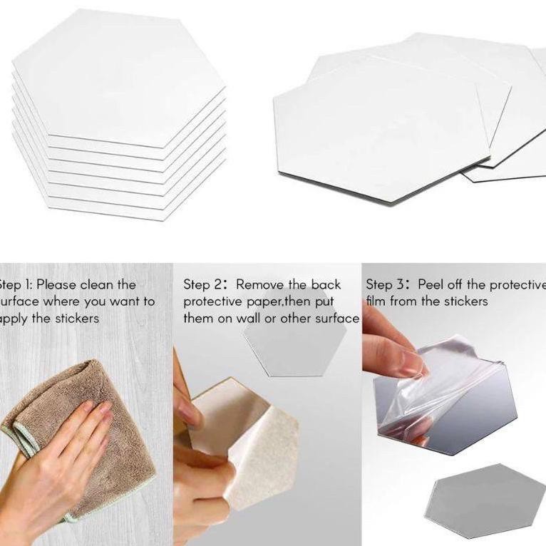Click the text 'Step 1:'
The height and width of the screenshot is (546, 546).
(x=15, y=285)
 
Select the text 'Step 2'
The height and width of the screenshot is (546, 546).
(x=202, y=285)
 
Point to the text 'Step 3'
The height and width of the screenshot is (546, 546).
(x=384, y=285)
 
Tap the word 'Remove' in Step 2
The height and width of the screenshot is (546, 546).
(x=259, y=285)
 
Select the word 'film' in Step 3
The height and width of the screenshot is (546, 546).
(x=376, y=301)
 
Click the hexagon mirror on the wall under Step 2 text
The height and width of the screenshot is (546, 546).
(x=295, y=349)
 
